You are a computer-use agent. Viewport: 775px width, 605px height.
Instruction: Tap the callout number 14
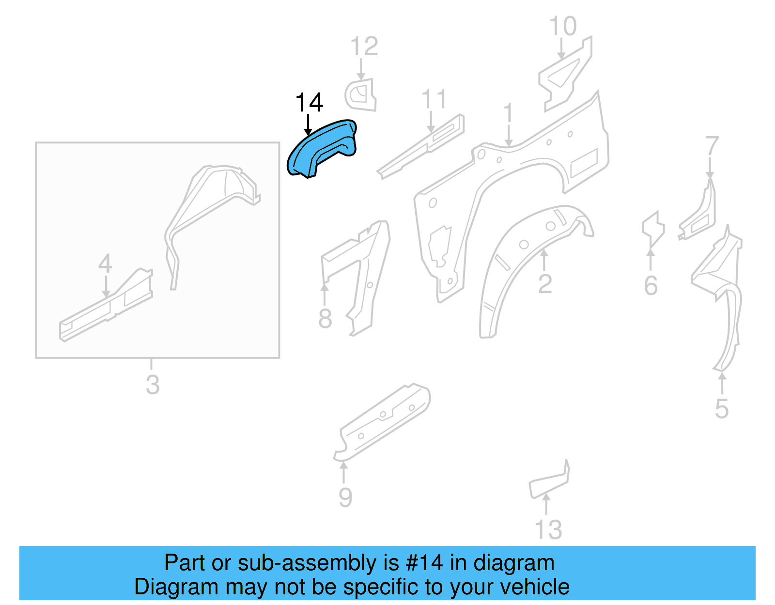point(309,103)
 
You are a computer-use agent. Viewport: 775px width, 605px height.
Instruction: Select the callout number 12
point(364,47)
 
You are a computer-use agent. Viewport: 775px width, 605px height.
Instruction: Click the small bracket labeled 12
point(361,95)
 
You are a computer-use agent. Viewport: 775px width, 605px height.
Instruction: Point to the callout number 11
point(434,100)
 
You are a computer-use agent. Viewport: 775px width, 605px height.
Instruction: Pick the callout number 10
point(563,26)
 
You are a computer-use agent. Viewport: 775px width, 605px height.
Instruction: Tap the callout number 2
point(545,284)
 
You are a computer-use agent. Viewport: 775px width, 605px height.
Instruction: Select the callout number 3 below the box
point(153,385)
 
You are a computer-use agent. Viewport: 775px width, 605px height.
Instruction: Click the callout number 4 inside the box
point(105,264)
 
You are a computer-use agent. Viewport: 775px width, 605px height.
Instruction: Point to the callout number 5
point(722,409)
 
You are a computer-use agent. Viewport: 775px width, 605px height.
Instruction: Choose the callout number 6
point(651,285)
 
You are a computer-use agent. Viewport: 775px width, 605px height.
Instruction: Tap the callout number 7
point(711,146)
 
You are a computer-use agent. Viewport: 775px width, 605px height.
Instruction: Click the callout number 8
point(325,318)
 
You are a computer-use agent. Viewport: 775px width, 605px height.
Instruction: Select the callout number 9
point(345,497)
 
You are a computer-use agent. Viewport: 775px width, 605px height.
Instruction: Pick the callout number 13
point(548,529)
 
